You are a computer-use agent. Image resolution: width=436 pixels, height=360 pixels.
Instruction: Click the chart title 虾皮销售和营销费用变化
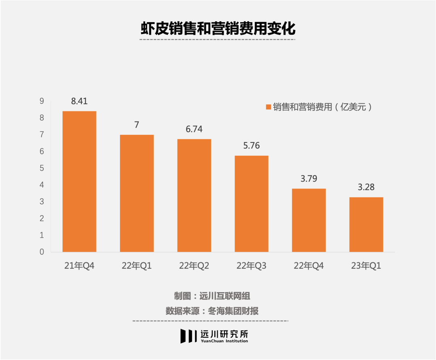(218, 29)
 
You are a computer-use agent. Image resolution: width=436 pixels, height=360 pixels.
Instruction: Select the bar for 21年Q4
(79, 182)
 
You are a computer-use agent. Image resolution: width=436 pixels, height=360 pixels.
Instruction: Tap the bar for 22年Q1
(136, 193)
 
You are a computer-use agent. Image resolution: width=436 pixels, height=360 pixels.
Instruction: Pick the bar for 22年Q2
(194, 196)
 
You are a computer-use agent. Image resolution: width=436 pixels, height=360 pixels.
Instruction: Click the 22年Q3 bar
(252, 204)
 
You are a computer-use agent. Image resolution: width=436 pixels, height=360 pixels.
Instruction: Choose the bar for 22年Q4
(309, 220)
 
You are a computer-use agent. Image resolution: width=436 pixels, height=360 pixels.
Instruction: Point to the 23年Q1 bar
(366, 224)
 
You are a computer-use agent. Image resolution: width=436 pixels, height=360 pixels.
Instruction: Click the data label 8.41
(79, 101)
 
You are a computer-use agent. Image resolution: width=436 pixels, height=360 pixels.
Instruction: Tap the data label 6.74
(194, 129)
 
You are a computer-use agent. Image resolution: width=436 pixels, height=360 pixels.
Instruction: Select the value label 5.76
(252, 146)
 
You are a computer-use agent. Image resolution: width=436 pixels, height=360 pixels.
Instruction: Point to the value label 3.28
(366, 187)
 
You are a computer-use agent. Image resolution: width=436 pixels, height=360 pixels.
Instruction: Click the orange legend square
(268, 107)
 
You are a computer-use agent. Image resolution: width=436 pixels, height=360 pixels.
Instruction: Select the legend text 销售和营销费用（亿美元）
(322, 107)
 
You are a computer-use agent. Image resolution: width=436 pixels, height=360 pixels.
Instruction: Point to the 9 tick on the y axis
(42, 101)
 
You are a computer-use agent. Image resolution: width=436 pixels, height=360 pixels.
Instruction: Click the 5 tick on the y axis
(42, 168)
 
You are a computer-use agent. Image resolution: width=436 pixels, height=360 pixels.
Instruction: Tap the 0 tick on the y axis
(42, 252)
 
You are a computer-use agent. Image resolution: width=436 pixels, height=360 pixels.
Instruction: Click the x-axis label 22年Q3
(252, 266)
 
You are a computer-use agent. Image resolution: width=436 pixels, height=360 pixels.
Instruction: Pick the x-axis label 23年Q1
(366, 266)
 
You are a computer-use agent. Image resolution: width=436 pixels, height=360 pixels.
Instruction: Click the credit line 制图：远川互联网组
(212, 296)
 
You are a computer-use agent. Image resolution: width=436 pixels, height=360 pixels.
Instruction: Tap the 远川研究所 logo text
(224, 334)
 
